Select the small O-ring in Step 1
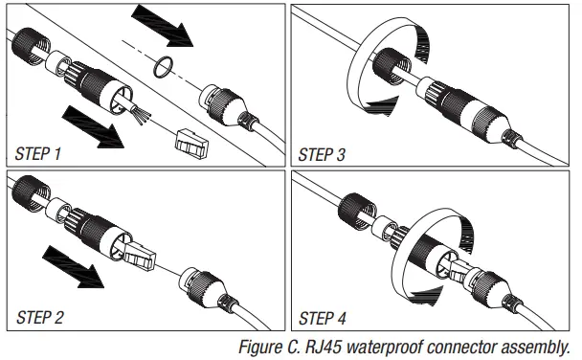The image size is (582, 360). click(x=164, y=66)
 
